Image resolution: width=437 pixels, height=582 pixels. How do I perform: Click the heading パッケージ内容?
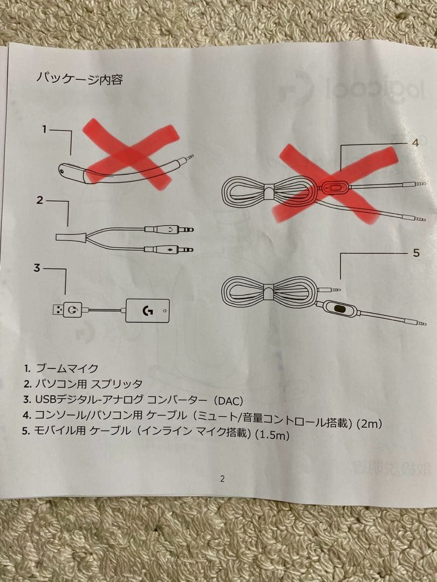[x=79, y=78]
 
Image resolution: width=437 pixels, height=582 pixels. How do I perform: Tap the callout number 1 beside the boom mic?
[x=44, y=129]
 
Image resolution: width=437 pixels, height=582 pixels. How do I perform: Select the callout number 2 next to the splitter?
[x=40, y=200]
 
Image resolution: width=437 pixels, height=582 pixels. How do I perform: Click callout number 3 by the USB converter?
[x=37, y=268]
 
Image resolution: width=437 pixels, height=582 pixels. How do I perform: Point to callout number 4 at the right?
[x=415, y=142]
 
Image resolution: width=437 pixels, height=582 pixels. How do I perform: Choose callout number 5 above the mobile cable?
[x=416, y=253]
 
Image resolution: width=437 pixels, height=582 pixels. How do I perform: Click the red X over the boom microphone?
[x=130, y=154]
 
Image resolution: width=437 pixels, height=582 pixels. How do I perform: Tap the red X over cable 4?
[x=334, y=184]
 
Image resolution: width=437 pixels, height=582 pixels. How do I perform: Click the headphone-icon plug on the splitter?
[x=169, y=230]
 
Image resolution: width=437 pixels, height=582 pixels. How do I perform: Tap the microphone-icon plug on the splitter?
[x=169, y=250]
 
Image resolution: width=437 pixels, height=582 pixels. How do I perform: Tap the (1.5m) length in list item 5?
[x=273, y=434]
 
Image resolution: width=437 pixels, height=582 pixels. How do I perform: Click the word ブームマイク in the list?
[x=67, y=368]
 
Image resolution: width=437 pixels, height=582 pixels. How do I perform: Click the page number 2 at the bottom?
[x=222, y=479]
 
